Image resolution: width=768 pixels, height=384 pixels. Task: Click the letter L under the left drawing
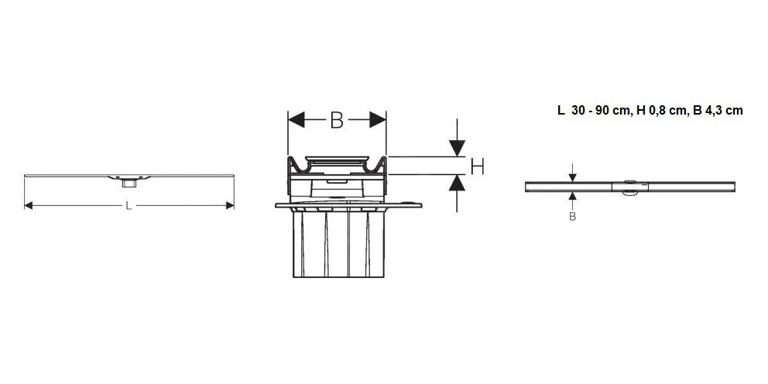(x=129, y=206)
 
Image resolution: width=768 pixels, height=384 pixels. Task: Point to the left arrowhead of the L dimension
(x=29, y=205)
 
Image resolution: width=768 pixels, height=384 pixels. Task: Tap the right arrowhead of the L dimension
(x=229, y=205)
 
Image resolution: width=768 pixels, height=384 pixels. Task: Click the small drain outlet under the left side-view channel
(x=127, y=183)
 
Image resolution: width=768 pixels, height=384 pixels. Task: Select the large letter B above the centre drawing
(x=336, y=120)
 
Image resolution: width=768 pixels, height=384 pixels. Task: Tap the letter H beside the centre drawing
(x=478, y=166)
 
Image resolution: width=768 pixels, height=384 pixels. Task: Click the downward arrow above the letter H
(x=457, y=146)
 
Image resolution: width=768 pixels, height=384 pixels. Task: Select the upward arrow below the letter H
(x=457, y=184)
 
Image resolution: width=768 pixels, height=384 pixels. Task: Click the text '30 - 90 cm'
(x=600, y=111)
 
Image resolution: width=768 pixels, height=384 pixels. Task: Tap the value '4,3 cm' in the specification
(x=725, y=111)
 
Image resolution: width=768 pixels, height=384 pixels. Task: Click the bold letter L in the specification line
(x=561, y=111)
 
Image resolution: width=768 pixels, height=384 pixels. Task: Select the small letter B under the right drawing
(x=573, y=217)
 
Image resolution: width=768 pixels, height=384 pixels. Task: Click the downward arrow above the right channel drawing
(x=573, y=176)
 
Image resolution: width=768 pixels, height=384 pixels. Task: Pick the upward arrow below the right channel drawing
(x=573, y=197)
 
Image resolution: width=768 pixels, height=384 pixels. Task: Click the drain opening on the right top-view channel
(x=629, y=187)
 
